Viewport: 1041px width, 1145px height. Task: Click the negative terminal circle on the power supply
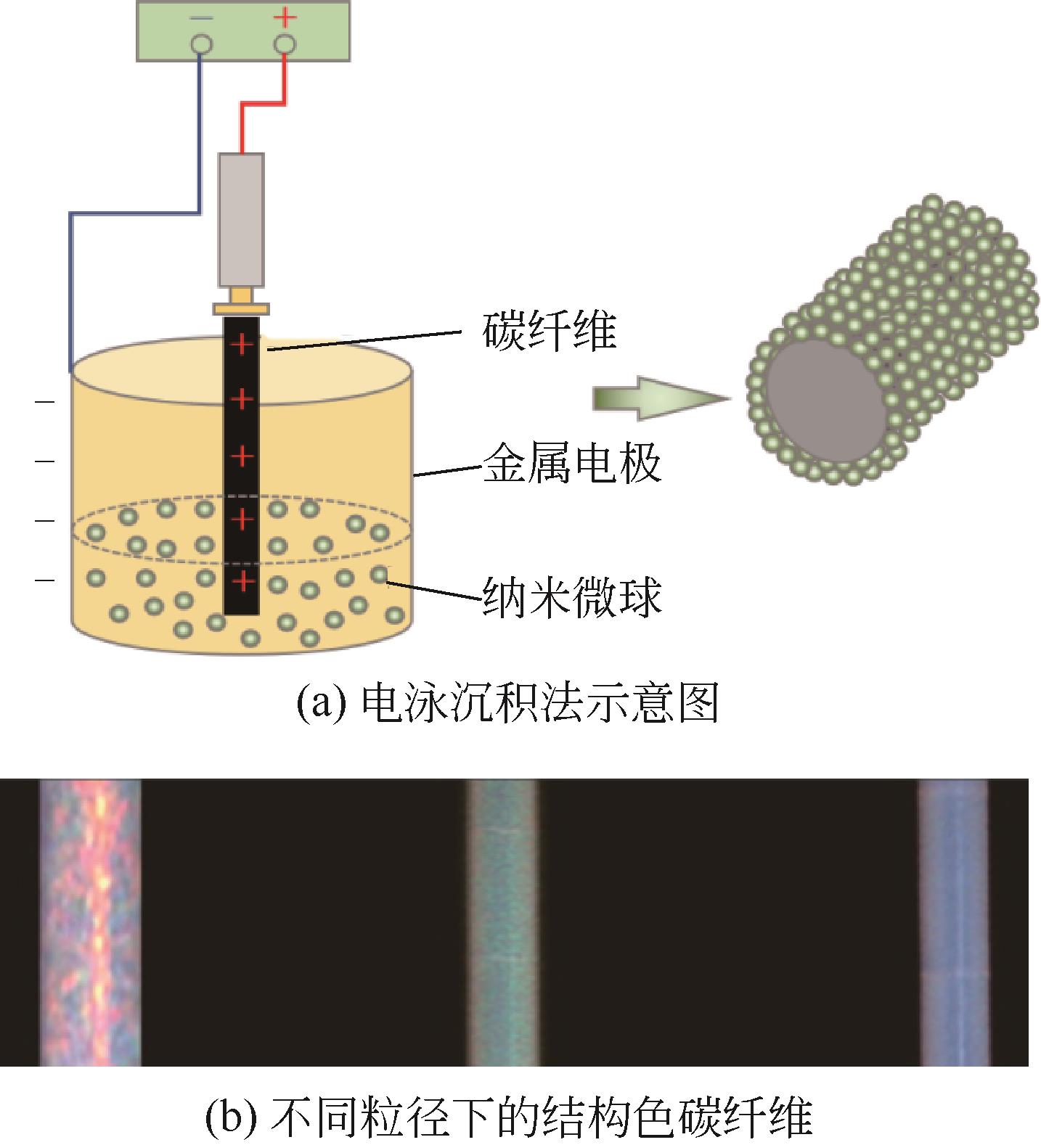201,45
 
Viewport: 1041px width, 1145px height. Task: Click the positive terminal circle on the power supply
285,45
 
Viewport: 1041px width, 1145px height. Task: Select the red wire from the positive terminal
263,107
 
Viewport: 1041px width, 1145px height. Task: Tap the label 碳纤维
550,332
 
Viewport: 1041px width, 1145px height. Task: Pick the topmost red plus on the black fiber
242,343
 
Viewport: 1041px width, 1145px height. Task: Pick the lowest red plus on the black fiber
242,580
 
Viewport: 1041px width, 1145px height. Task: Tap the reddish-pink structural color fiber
90,922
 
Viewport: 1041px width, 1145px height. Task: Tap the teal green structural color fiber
502,922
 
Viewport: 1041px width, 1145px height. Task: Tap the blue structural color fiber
953,922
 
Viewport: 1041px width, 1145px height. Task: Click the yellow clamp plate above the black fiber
242,308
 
